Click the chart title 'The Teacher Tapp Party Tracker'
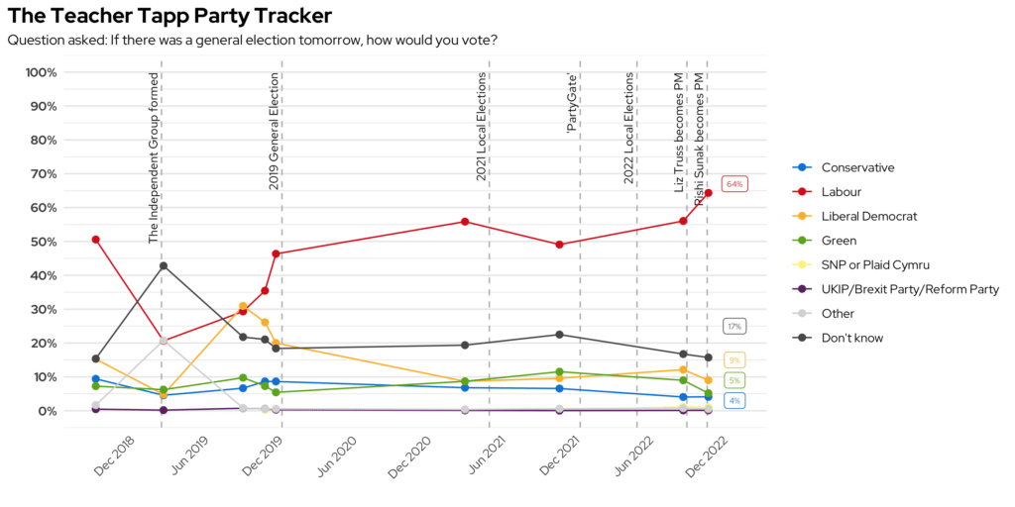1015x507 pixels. pos(169,16)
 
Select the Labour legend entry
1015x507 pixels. pos(842,191)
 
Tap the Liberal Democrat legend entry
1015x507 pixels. pos(869,216)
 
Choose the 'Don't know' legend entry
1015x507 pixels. pos(851,338)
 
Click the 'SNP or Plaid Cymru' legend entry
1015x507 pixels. pos(875,264)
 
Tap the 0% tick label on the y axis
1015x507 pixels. pos(47,411)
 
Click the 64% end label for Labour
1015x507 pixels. pos(734,184)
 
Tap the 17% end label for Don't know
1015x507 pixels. pos(734,326)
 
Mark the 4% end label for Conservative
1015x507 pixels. pos(734,400)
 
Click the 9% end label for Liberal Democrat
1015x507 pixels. pos(734,360)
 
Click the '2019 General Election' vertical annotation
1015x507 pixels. pos(274,131)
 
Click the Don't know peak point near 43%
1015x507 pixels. pos(163,265)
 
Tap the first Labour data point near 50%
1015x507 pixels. pos(95,240)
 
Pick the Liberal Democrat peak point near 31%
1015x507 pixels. pos(243,307)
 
